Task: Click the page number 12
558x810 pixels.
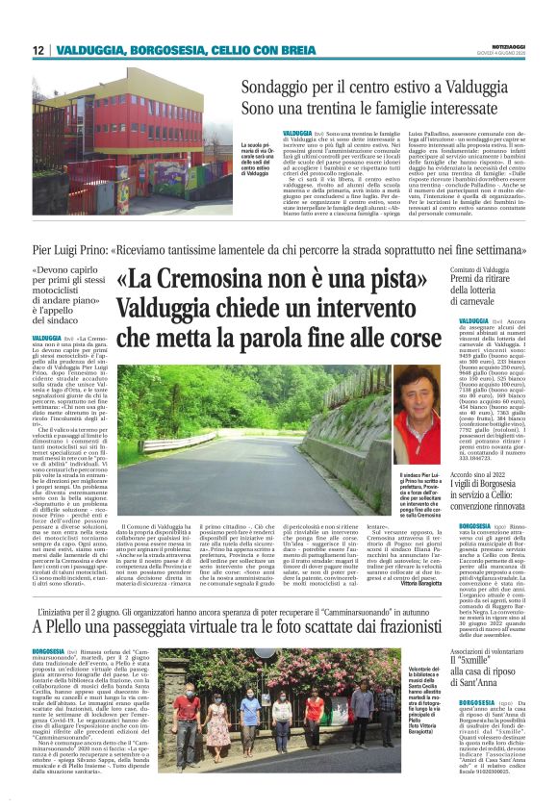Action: pos(37,50)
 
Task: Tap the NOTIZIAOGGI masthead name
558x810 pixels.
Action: pos(515,45)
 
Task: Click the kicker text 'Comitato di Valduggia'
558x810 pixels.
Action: pos(481,271)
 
